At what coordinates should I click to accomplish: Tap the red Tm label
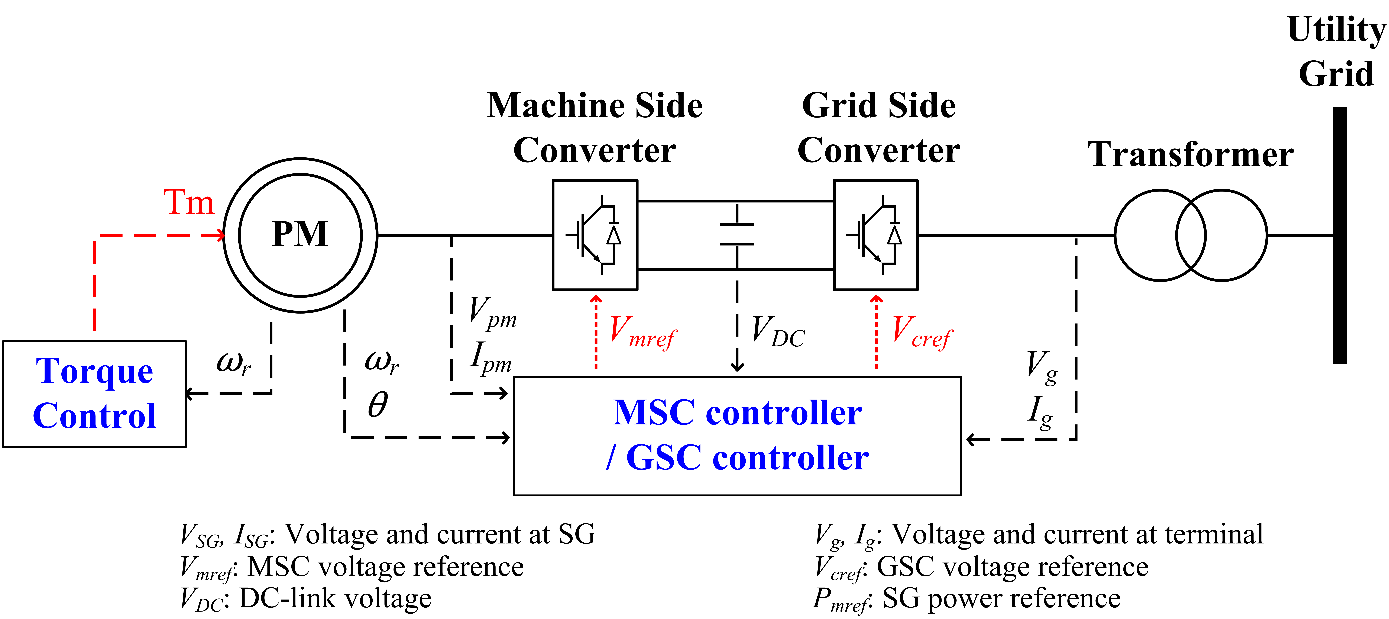[x=189, y=202]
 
